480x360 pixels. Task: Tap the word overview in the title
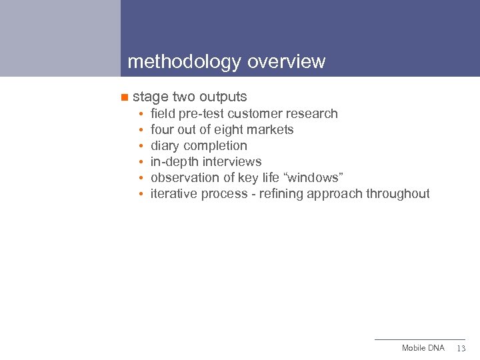pos(286,62)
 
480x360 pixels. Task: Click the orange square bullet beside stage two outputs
pos(123,97)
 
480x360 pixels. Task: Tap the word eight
pos(231,130)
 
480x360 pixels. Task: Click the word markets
pos(271,130)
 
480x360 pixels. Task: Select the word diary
pos(165,146)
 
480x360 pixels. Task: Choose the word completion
pos(215,146)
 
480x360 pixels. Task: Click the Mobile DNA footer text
pos(423,349)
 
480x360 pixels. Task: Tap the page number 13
pos(461,349)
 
